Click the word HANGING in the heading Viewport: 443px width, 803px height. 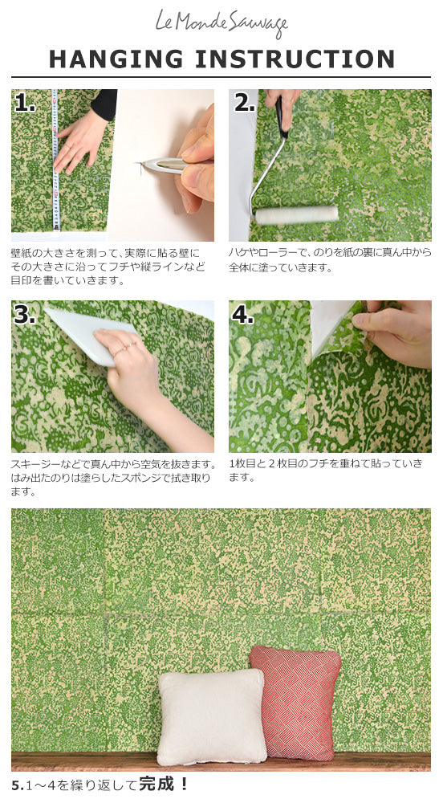coord(116,59)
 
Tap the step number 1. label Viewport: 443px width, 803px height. coord(25,103)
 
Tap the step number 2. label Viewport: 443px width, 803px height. coord(244,103)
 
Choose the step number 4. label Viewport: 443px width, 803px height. coord(242,315)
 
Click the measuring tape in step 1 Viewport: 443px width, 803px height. coord(55,160)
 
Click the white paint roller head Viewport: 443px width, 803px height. coord(297,215)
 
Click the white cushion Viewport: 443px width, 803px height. coord(211,716)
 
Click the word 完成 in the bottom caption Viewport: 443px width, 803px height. coord(155,784)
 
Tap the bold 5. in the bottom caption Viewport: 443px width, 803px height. coord(18,785)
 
